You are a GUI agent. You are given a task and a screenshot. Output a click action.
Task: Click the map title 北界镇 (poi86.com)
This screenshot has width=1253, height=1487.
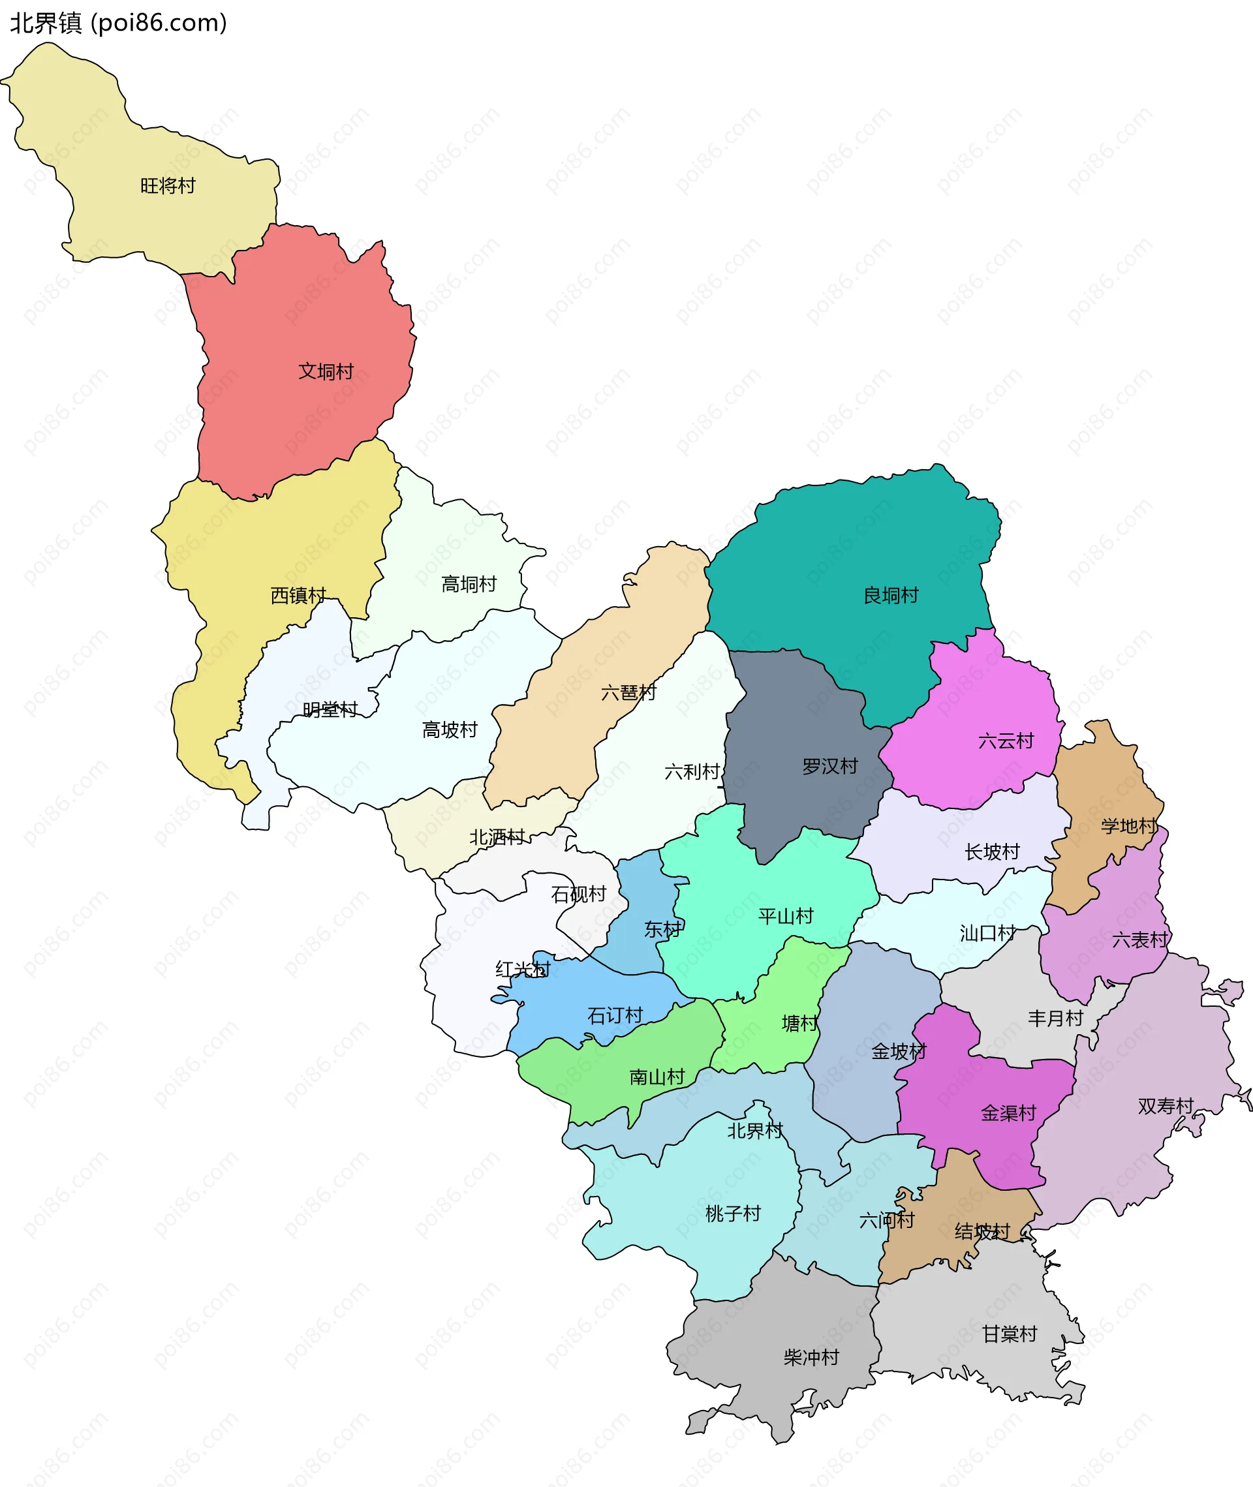(x=119, y=23)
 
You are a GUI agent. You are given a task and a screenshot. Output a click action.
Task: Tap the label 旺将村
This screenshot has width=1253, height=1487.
(x=168, y=186)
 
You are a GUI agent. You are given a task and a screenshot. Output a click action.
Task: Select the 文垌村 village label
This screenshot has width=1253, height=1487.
(x=326, y=371)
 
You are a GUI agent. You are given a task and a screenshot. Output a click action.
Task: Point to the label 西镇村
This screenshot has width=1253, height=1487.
(x=298, y=595)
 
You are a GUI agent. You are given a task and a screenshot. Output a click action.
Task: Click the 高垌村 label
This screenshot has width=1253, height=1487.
(x=469, y=585)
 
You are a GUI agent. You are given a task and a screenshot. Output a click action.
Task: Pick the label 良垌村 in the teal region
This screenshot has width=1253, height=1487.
(x=891, y=595)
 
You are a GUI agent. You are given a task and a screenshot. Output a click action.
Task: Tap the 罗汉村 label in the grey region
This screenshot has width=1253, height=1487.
(x=829, y=766)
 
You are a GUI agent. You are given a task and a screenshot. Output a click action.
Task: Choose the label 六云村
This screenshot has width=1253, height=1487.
(x=1006, y=741)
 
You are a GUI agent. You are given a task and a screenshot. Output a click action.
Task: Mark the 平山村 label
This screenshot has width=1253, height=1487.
(x=786, y=916)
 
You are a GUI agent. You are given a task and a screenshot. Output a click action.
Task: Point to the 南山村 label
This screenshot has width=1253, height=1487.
(x=657, y=1077)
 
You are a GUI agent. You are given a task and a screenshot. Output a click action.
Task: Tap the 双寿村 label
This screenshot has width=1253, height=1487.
(x=1166, y=1106)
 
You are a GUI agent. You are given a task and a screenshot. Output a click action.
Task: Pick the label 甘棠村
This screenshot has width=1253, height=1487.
(x=1010, y=1334)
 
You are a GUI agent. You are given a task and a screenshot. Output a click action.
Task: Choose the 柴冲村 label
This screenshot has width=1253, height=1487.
(x=811, y=1357)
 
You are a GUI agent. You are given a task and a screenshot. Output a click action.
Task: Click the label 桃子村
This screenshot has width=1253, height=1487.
(x=733, y=1214)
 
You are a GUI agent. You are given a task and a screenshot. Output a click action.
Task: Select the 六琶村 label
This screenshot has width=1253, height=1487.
(x=628, y=692)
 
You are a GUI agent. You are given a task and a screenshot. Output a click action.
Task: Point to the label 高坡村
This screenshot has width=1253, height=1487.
(x=450, y=729)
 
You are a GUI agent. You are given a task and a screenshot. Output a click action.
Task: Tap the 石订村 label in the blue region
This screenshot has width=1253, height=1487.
(x=615, y=1015)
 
